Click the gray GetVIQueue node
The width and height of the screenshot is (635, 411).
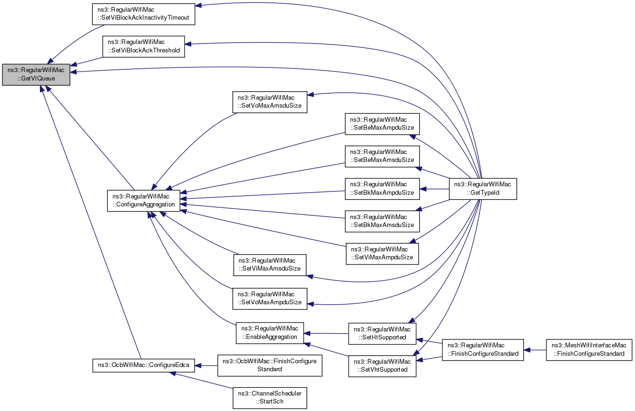click(36, 74)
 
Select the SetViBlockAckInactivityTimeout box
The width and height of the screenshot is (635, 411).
click(143, 14)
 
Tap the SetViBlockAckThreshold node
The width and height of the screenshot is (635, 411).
click(143, 47)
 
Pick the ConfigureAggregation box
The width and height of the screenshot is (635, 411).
click(143, 200)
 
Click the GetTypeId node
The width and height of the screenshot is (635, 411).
click(483, 189)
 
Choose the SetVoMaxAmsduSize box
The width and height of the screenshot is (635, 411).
click(269, 102)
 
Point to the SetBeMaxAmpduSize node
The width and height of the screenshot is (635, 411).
click(382, 124)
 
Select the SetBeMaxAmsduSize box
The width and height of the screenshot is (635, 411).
click(382, 156)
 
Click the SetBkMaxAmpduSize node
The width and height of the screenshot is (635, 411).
click(382, 189)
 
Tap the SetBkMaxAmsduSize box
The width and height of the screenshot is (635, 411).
click(382, 221)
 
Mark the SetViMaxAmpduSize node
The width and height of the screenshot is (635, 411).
click(382, 254)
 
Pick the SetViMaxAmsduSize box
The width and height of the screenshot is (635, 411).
click(269, 265)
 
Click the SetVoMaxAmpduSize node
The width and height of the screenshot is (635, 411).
click(269, 299)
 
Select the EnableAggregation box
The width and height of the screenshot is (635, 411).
click(269, 333)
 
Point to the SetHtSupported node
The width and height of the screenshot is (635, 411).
click(382, 334)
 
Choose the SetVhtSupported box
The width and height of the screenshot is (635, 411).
click(382, 366)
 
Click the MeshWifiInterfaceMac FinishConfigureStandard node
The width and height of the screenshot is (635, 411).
click(589, 350)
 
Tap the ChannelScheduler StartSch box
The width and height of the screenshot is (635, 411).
click(269, 398)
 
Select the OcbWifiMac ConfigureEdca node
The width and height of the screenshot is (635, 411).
click(143, 366)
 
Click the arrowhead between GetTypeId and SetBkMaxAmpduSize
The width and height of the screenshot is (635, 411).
click(423, 189)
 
